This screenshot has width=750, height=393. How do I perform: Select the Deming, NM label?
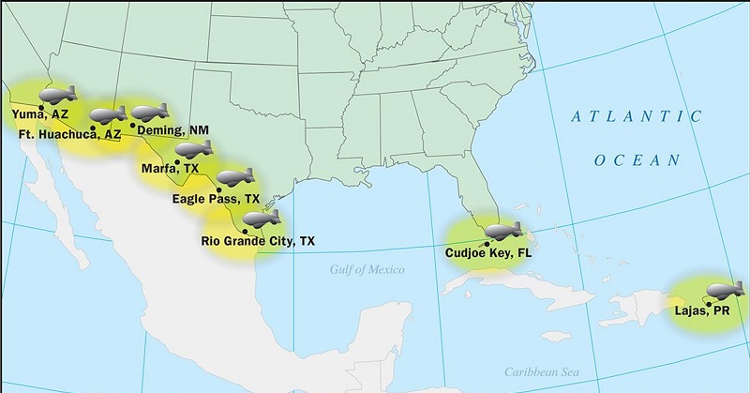click(173, 130)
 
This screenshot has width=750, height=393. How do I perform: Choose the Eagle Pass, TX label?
click(217, 199)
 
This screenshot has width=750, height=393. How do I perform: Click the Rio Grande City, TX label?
click(258, 241)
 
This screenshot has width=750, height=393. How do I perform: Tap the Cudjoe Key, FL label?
click(487, 251)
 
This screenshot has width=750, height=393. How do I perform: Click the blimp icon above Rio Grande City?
click(262, 219)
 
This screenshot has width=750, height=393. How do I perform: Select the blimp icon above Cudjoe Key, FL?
click(510, 231)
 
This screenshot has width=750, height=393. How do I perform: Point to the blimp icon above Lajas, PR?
click(726, 288)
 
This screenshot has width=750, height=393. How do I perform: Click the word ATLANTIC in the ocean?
click(637, 117)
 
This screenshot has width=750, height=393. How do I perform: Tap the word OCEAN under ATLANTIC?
click(637, 161)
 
